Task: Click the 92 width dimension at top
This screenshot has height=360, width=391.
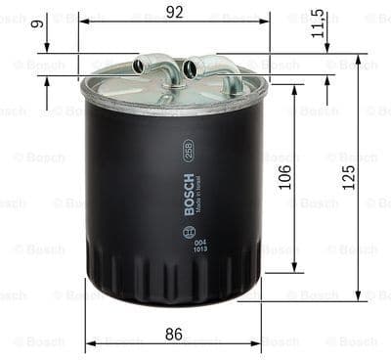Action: pos(175,11)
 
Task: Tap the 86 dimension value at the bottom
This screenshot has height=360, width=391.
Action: pos(173,333)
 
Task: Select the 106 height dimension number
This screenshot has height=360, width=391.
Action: pos(285,177)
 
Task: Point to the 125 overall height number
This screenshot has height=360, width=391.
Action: pos(350,177)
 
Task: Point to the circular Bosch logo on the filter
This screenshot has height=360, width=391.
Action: pos(189,233)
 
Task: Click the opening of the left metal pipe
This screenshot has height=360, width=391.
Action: pos(139,67)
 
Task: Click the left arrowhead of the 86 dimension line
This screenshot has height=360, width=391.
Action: pos(90,343)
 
